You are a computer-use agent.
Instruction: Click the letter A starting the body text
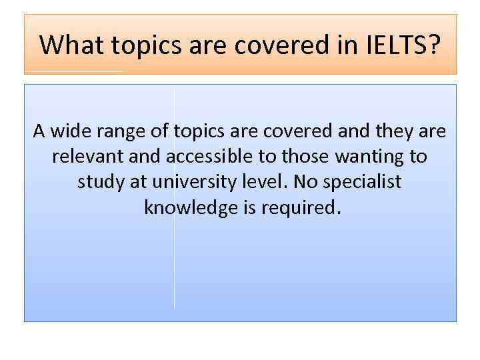click(x=39, y=131)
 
